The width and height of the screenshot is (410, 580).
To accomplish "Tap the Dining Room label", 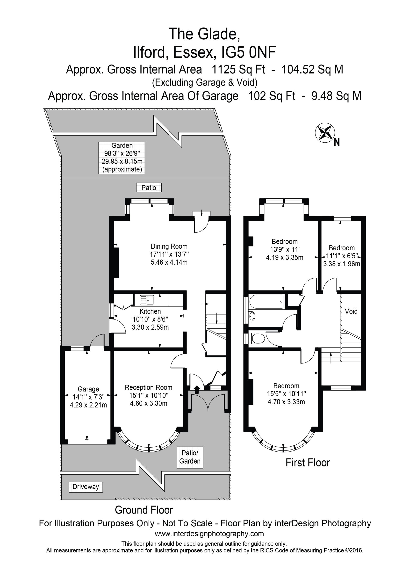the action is [169, 246].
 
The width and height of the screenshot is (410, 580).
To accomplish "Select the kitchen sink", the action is [147, 300].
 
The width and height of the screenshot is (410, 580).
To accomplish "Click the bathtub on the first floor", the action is [266, 301].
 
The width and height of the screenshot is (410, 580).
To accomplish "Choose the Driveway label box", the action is [86, 487].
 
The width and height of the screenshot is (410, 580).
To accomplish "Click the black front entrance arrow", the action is [196, 389].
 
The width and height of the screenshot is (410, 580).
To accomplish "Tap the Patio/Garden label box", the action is [190, 457].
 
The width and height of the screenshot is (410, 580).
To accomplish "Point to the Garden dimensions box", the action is [122, 158].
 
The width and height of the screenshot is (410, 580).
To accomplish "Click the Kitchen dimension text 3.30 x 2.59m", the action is [150, 327].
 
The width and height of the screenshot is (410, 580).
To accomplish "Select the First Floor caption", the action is [308, 463].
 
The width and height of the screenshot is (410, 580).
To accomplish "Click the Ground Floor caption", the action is [144, 510].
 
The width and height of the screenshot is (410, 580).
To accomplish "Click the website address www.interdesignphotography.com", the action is [209, 534].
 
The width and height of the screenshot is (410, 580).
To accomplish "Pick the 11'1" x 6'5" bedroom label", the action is [342, 256].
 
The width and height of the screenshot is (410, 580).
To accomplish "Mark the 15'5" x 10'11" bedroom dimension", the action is [287, 394].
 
